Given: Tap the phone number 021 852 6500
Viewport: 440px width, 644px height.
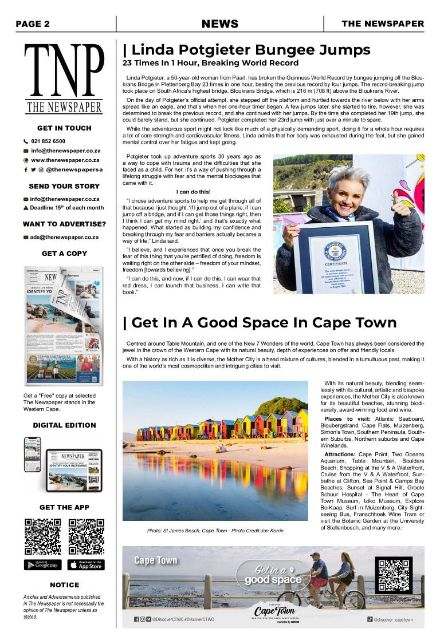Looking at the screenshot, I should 48,141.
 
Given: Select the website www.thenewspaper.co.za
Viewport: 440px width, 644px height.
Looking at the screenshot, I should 65,160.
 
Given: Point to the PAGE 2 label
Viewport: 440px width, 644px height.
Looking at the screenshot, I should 33,24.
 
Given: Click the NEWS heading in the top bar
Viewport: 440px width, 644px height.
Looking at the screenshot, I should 220,24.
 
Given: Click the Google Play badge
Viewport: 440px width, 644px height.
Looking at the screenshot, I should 42,565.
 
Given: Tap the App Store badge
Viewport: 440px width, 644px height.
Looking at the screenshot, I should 86,565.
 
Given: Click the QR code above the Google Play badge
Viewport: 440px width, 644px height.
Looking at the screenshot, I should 42,537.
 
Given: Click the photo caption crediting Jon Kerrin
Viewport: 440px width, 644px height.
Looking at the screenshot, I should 215,531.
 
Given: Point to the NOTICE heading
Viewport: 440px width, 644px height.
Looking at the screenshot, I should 64,585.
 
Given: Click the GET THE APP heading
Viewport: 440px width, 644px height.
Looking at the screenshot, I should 64,507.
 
